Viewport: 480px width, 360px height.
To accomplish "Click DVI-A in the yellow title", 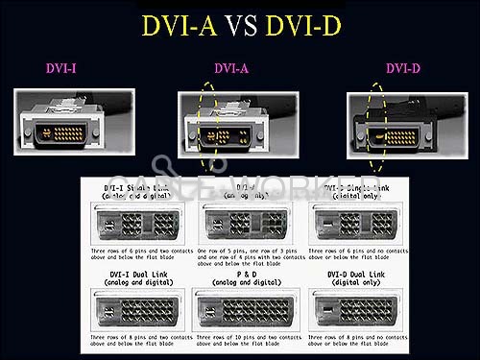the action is (x=180, y=25).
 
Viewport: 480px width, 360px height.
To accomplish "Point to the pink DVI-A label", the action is (x=231, y=69).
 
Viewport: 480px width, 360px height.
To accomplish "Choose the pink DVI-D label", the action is (x=404, y=69).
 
